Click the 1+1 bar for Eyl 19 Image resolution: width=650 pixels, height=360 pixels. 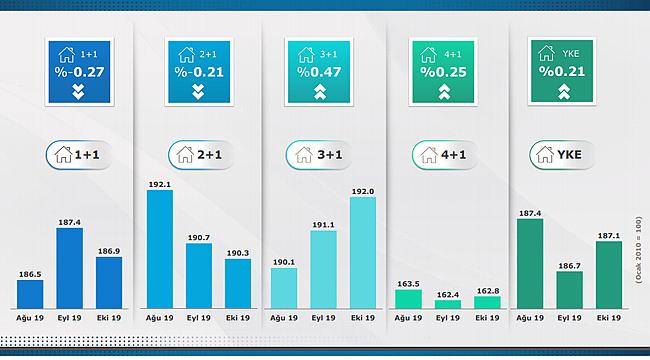click(x=69, y=270)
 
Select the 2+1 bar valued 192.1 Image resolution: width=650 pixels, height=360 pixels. click(x=160, y=249)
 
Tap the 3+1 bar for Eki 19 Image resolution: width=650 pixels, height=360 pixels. click(x=363, y=252)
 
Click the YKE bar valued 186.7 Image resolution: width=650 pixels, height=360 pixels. click(x=569, y=288)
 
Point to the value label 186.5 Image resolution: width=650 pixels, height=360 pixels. click(x=30, y=272)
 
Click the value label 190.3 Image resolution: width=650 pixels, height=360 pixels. click(x=238, y=253)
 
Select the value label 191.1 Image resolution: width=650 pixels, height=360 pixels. click(x=323, y=225)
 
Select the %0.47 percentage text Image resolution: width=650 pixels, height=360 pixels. click(x=316, y=71)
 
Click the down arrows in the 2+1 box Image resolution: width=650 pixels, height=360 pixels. click(x=197, y=91)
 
